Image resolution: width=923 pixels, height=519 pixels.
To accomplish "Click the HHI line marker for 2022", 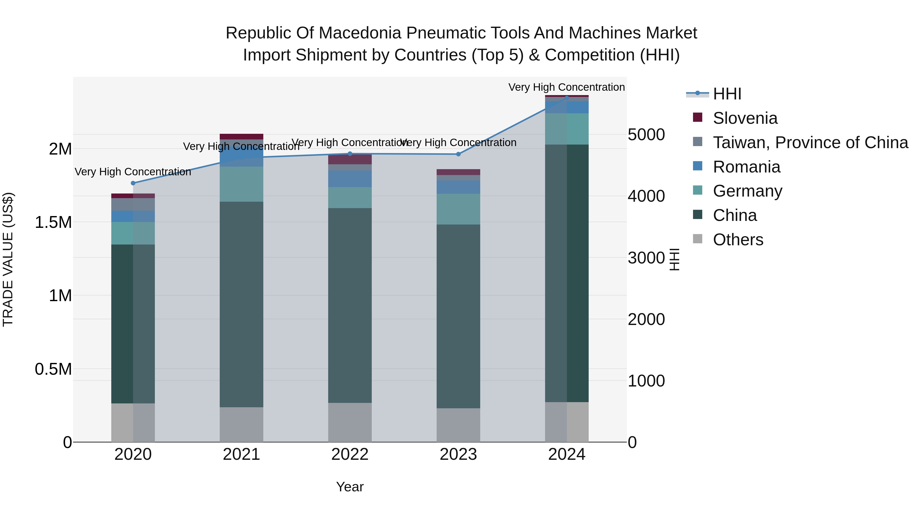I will (x=350, y=154).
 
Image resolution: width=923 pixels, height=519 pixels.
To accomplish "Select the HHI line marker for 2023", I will (x=458, y=154).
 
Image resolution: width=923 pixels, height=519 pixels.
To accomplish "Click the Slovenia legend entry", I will (x=745, y=118).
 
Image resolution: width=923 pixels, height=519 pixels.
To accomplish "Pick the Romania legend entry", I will (x=746, y=167).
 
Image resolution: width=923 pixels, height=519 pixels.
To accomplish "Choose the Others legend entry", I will (x=738, y=240).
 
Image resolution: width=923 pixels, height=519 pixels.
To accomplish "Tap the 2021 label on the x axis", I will (x=242, y=454).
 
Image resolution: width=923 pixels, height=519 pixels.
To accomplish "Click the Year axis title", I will (x=350, y=487).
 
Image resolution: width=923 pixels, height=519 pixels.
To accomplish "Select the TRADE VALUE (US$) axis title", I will (x=8, y=259).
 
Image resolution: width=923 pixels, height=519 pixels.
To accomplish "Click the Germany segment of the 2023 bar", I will (x=458, y=209).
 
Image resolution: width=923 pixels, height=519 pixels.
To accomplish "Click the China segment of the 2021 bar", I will (x=242, y=304).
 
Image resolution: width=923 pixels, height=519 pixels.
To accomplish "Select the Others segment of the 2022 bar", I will (x=350, y=422).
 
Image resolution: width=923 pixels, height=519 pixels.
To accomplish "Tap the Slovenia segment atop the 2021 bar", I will (x=242, y=136).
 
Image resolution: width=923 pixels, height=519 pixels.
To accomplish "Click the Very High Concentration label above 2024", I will (x=566, y=87).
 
